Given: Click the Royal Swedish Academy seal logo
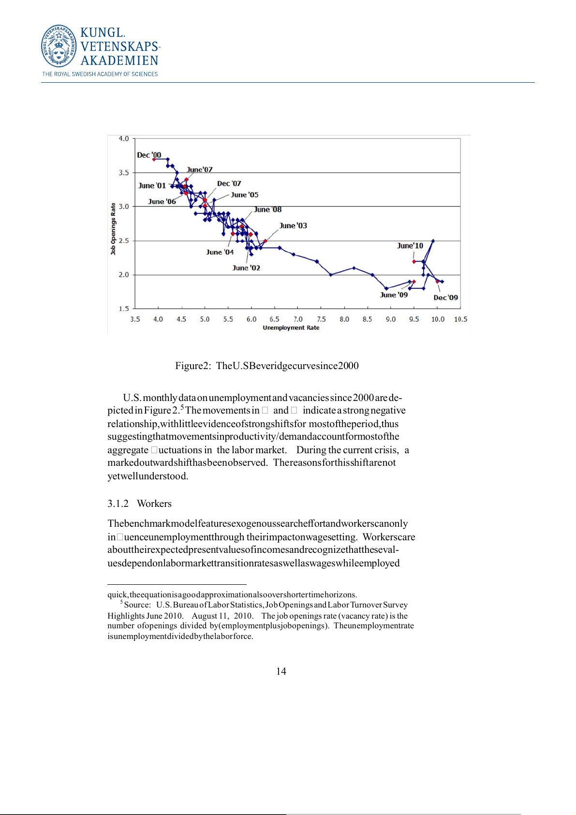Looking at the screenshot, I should pyautogui.click(x=59, y=46).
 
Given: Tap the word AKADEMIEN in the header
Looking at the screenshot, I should pyautogui.click(x=119, y=60).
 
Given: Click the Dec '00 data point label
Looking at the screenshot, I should pyautogui.click(x=149, y=155).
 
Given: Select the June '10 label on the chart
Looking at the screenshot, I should pyautogui.click(x=410, y=246).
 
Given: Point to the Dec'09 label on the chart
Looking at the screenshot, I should pyautogui.click(x=445, y=297).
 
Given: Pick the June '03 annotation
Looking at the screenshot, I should pyautogui.click(x=293, y=225).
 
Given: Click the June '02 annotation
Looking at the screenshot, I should pyautogui.click(x=246, y=268).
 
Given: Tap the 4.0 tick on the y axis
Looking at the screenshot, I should pyautogui.click(x=124, y=139).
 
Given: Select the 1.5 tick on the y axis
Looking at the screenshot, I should pyautogui.click(x=124, y=309).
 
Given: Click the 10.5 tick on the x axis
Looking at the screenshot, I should pyautogui.click(x=460, y=319).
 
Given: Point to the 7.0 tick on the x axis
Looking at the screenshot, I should pyautogui.click(x=298, y=319).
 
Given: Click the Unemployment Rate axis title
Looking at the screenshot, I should pyautogui.click(x=291, y=328).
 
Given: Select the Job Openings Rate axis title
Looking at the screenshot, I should pyautogui.click(x=113, y=229).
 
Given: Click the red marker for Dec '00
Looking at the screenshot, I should pyautogui.click(x=154, y=159).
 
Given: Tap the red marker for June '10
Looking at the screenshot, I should pyautogui.click(x=414, y=262).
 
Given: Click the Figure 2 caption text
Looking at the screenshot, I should pyautogui.click(x=266, y=366).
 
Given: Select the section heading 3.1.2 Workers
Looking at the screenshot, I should pyautogui.click(x=139, y=504).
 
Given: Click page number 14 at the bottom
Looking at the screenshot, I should pyautogui.click(x=281, y=671).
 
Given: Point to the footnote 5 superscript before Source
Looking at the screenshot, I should pyautogui.click(x=121, y=602).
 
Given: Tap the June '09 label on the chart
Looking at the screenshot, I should pyautogui.click(x=394, y=295).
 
